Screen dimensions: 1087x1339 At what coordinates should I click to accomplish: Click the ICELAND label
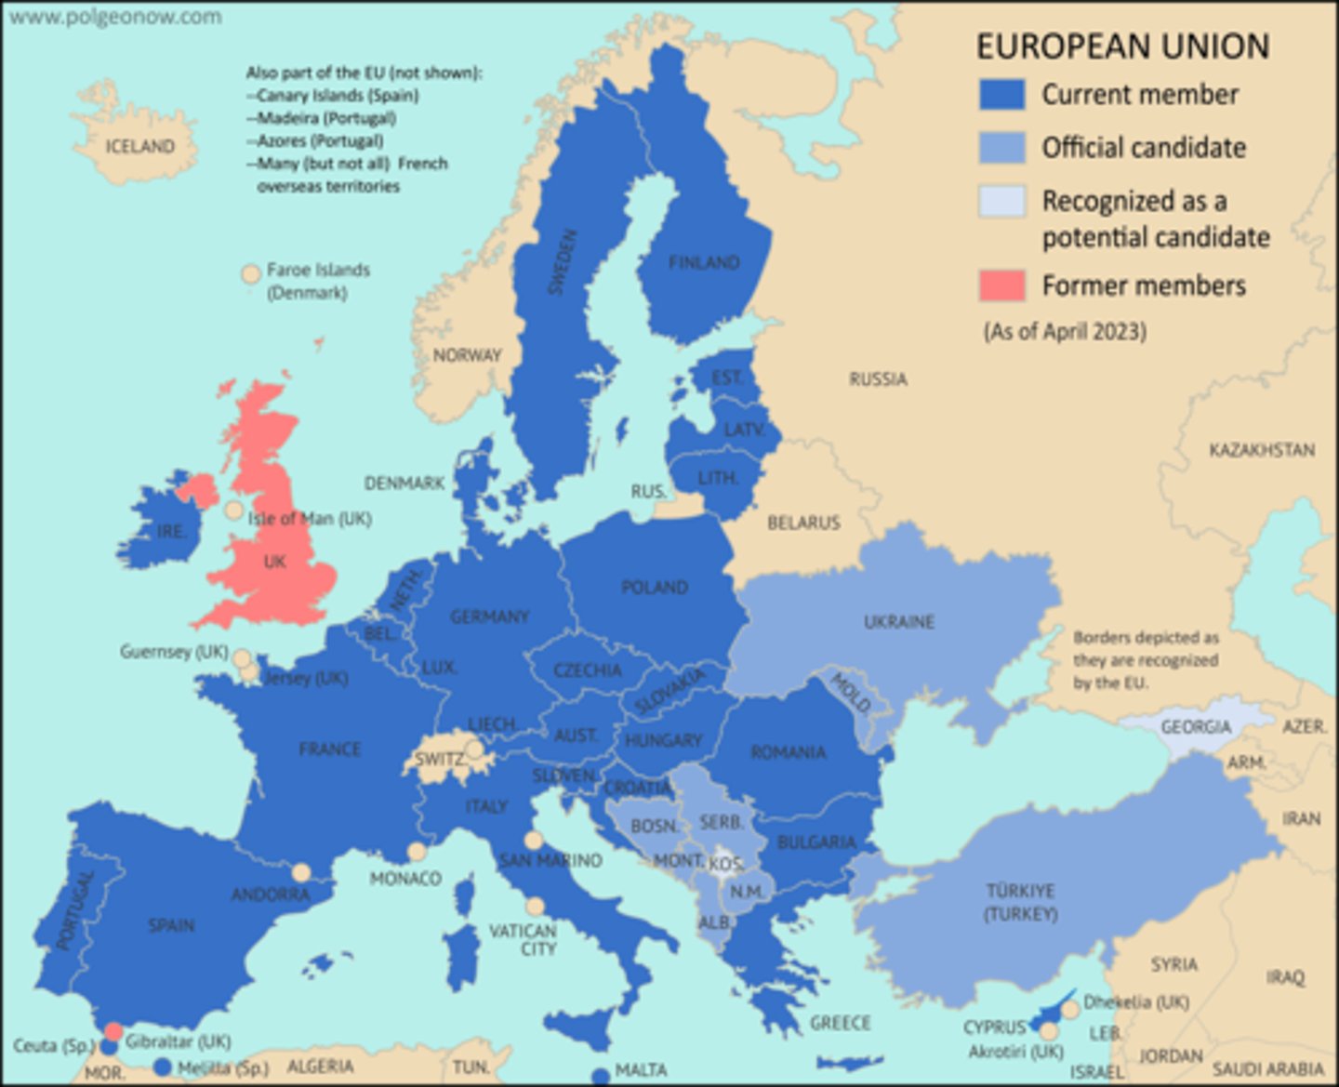(139, 146)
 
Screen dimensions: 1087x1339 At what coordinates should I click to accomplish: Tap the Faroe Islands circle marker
(250, 274)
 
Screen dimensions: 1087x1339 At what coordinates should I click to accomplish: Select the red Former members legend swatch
(1001, 285)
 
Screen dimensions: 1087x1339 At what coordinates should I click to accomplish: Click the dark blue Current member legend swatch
(1001, 95)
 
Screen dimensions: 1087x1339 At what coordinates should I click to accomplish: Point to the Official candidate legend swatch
(1001, 148)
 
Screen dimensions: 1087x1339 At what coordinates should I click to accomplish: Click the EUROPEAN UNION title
(1122, 46)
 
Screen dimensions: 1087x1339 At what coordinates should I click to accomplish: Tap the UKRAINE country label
(898, 621)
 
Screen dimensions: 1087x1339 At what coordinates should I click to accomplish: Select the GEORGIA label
(1196, 726)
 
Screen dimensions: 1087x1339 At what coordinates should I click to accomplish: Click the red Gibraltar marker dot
(113, 1030)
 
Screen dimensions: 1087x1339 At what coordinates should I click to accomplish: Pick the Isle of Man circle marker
(233, 510)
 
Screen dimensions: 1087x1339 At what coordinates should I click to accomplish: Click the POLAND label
(655, 588)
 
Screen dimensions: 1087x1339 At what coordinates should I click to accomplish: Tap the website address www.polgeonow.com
(115, 17)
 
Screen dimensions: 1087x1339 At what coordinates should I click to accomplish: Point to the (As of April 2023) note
(1065, 332)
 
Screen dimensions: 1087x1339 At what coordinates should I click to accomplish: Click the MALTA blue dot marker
(601, 1077)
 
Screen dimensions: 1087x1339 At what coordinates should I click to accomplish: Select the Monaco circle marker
(417, 852)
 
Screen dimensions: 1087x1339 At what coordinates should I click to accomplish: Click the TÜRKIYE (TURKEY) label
(1020, 902)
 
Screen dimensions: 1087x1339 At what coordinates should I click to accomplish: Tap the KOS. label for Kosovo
(724, 865)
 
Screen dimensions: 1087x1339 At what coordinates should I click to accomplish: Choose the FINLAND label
(704, 263)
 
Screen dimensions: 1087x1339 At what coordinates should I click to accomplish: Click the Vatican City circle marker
(535, 907)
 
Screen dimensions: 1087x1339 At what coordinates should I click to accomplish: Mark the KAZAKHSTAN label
(1262, 450)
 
